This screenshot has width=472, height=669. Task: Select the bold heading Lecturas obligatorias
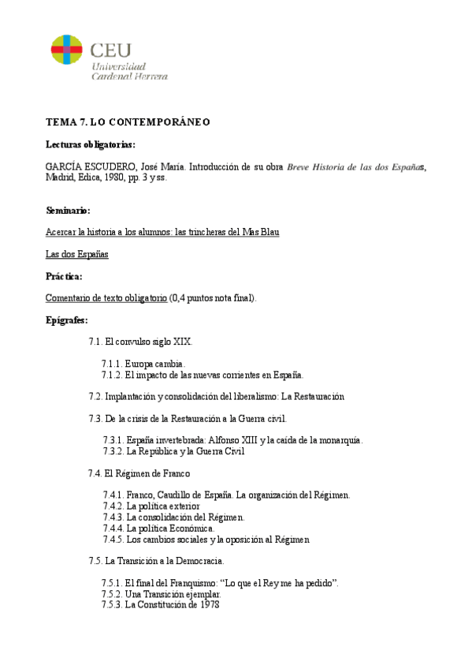(x=90, y=144)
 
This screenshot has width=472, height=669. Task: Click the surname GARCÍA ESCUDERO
(x=89, y=166)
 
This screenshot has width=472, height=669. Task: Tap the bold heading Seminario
(x=68, y=211)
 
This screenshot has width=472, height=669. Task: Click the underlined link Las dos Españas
(x=77, y=254)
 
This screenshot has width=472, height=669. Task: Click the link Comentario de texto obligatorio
(x=106, y=298)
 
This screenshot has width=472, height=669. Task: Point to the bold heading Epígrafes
(x=67, y=320)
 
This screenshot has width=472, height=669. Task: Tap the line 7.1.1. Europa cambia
(x=144, y=364)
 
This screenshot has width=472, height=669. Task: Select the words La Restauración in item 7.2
(x=313, y=396)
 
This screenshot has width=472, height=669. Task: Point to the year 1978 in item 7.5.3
(x=208, y=604)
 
